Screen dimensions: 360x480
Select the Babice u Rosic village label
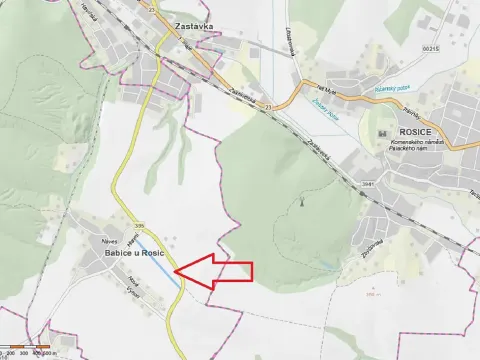pos(133,254)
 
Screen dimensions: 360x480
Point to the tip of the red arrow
pos(175,270)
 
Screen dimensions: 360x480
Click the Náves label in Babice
pos(110,241)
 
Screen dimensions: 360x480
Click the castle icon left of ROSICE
pos(381,134)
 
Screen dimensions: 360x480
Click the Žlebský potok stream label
pos(324,108)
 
